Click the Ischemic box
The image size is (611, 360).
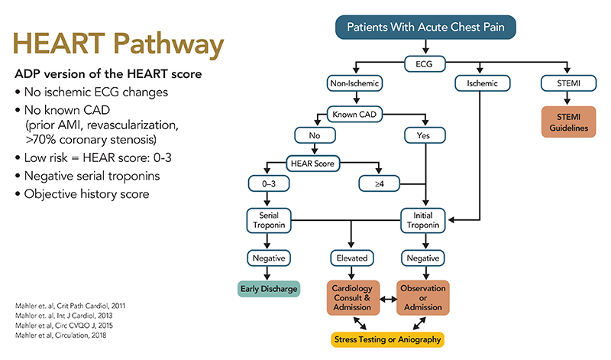[x=478, y=82]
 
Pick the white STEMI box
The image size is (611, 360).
[x=566, y=82]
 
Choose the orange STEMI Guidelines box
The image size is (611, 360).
[x=566, y=122]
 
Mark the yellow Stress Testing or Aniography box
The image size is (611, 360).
[x=387, y=338]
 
